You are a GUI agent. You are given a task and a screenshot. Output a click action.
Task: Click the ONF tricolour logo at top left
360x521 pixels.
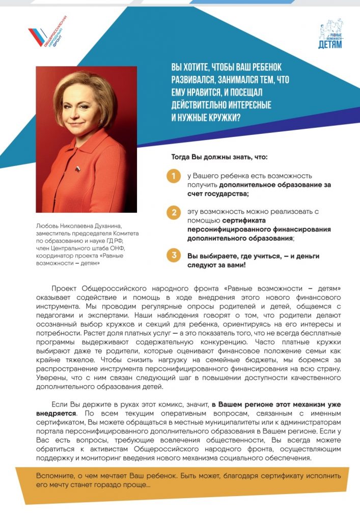[46, 35]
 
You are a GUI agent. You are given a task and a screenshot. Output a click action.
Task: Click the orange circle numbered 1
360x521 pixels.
[174, 177]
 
